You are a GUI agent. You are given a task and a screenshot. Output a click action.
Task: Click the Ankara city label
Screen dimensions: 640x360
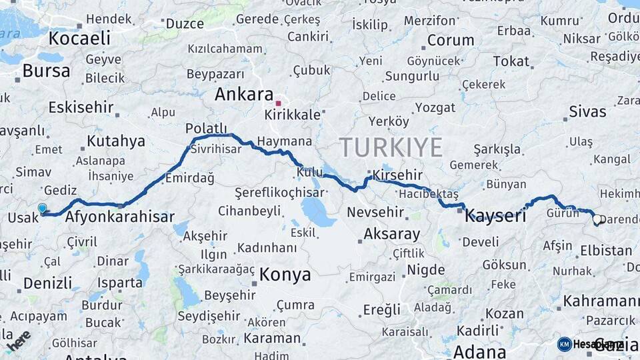pyautogui.click(x=244, y=95)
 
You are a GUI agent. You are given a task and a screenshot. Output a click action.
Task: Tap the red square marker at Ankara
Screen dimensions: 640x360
pyautogui.click(x=278, y=103)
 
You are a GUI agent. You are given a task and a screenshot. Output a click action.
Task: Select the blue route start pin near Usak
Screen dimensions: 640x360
pyautogui.click(x=43, y=208)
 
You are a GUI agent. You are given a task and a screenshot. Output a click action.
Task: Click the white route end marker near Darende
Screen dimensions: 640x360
pyautogui.click(x=597, y=218)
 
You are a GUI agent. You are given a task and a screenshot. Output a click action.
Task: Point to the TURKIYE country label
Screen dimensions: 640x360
pyautogui.click(x=391, y=147)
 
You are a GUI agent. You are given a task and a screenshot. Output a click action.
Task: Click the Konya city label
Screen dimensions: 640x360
pyautogui.click(x=285, y=274)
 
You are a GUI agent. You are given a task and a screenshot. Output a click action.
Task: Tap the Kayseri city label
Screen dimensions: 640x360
pyautogui.click(x=496, y=215)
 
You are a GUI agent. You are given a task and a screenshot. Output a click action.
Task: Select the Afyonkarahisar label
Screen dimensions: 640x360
pyautogui.click(x=119, y=217)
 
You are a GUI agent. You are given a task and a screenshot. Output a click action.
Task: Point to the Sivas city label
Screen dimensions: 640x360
pyautogui.click(x=587, y=111)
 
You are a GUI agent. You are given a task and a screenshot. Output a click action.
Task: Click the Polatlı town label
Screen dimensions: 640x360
pyautogui.click(x=206, y=129)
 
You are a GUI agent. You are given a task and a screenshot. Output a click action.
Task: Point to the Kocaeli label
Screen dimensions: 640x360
pyautogui.click(x=79, y=39)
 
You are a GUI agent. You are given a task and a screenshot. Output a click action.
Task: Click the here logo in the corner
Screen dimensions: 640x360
pyautogui.click(x=18, y=340)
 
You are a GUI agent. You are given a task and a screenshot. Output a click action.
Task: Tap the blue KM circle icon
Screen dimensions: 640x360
pyautogui.click(x=565, y=344)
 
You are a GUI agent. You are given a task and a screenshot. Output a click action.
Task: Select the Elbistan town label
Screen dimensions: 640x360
pyautogui.click(x=605, y=251)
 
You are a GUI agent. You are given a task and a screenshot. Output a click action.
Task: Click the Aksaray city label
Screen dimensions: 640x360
pyautogui.click(x=392, y=234)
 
